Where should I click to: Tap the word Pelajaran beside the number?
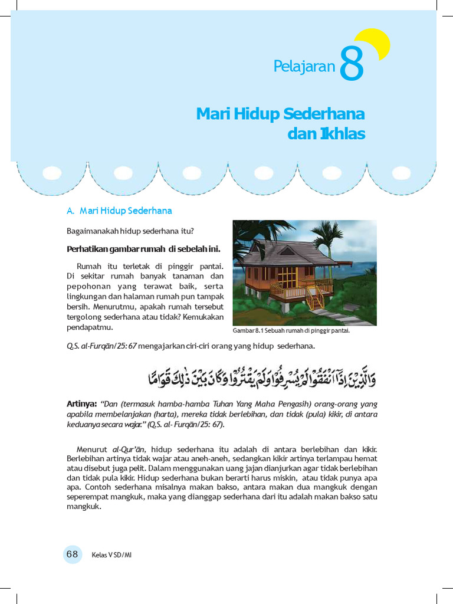[304, 67]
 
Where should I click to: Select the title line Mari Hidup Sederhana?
[280, 113]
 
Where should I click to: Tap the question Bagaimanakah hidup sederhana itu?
[130, 230]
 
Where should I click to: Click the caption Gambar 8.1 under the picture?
[291, 331]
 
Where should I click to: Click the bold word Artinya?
[81, 404]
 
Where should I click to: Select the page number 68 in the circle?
[73, 554]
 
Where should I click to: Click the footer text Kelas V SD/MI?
[111, 555]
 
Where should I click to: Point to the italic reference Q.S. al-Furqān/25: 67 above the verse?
[101, 346]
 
